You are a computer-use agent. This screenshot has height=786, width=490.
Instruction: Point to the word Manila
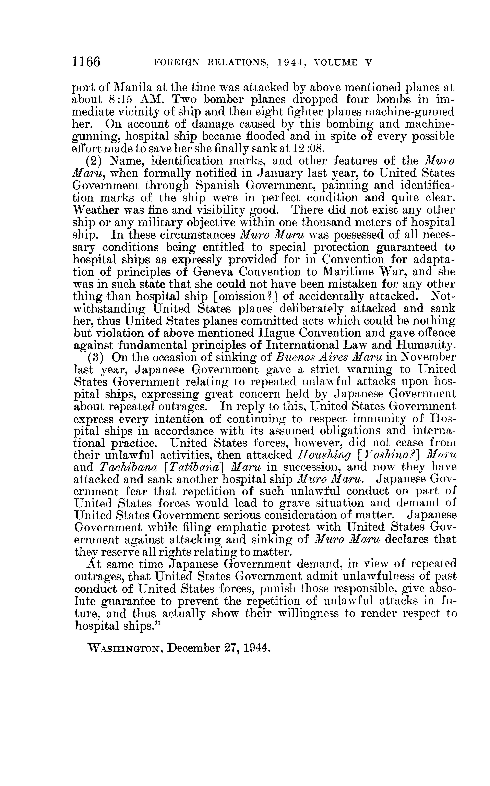click(134, 87)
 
